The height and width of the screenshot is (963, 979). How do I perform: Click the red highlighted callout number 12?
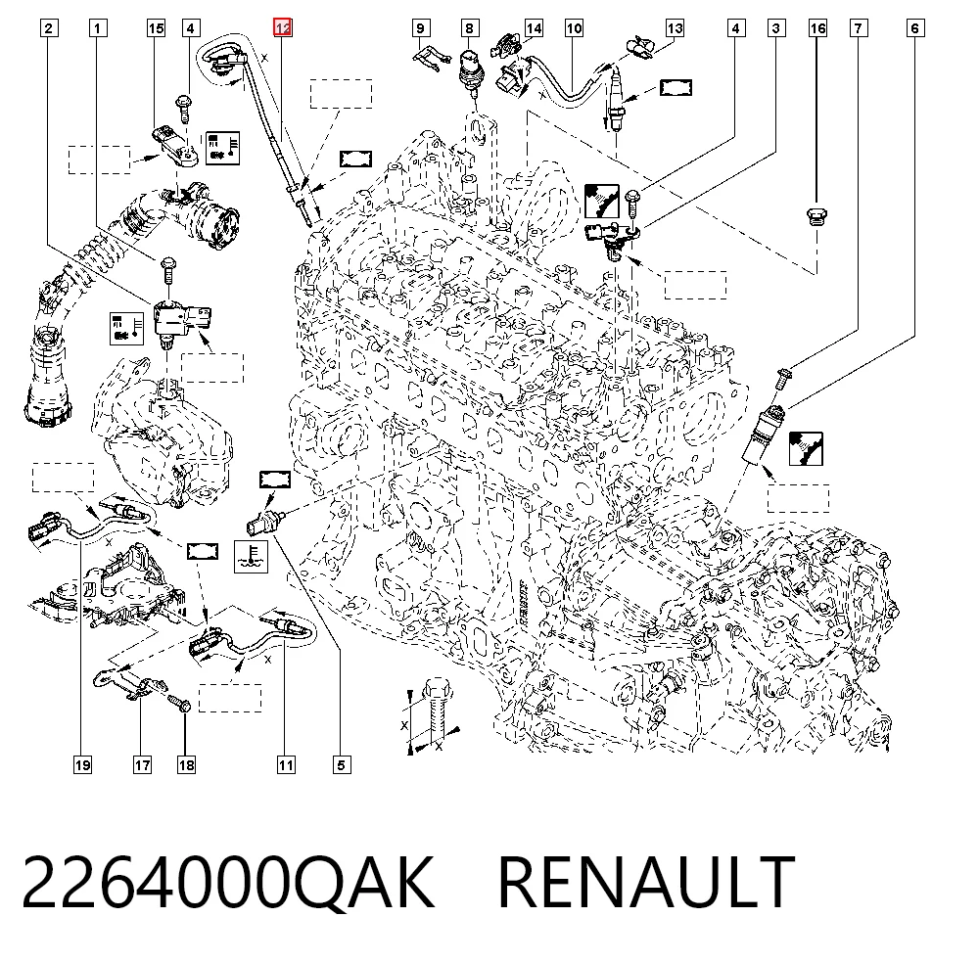(283, 28)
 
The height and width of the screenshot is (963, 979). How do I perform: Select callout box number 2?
(49, 28)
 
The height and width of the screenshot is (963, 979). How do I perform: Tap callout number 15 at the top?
(156, 28)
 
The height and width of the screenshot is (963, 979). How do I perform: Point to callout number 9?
(420, 28)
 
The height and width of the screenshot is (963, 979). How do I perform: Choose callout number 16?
(817, 28)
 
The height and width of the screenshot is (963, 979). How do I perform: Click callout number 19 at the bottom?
(82, 765)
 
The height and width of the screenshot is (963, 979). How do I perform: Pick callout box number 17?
(142, 765)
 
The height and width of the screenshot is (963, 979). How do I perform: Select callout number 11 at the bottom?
(286, 765)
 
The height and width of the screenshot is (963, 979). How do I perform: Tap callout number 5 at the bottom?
(341, 765)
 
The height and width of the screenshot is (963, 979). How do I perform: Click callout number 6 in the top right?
(914, 28)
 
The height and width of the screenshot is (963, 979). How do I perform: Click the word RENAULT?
(646, 883)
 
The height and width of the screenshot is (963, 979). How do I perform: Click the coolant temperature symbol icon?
(251, 557)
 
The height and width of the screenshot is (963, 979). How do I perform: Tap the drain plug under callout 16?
(816, 216)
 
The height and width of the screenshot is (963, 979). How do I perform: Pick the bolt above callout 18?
(178, 706)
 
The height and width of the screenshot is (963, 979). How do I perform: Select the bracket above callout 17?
(130, 683)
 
